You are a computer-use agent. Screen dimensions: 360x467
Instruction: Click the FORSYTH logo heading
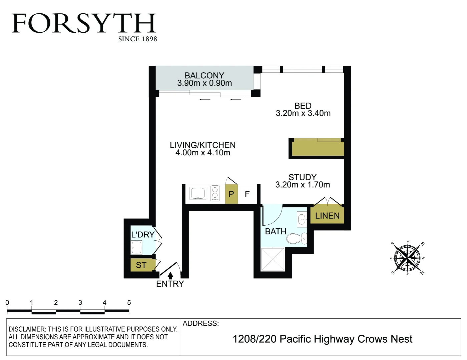click(84, 24)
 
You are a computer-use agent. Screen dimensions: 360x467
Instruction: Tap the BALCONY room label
click(204, 76)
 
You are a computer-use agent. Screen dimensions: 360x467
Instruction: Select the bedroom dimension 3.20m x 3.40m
click(303, 113)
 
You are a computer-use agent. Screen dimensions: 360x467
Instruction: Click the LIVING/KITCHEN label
click(202, 145)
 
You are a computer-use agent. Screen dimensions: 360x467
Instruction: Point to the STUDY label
click(302, 177)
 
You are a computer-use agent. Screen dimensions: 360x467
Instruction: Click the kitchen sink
click(198, 193)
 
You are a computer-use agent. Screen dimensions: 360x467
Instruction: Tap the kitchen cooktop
click(215, 193)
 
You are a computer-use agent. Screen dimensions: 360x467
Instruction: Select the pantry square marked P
click(231, 194)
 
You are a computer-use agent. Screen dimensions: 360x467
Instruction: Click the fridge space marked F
click(247, 194)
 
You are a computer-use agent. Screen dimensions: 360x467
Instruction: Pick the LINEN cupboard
click(327, 216)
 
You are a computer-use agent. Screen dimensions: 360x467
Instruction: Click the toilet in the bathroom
click(296, 238)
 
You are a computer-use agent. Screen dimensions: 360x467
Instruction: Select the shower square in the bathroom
click(273, 259)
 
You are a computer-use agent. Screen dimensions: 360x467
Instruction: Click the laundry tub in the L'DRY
click(136, 247)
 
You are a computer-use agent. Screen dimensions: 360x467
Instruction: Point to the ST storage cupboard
click(141, 265)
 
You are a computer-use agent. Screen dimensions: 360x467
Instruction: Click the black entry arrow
click(170, 275)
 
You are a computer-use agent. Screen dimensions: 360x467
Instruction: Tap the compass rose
click(407, 258)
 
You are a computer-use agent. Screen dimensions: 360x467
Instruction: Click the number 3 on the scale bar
click(80, 303)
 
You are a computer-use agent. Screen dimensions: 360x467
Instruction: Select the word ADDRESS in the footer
click(200, 323)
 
